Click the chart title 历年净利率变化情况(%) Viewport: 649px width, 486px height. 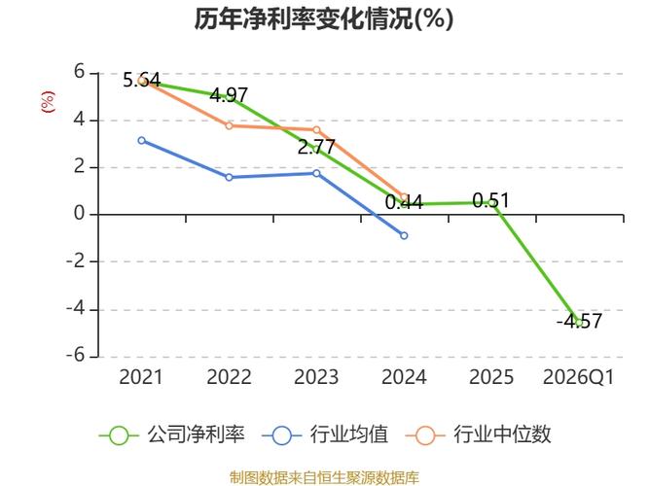(x=324, y=19)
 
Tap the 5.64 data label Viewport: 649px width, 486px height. (x=141, y=80)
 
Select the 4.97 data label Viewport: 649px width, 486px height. (x=229, y=95)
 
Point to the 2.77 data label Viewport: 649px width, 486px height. (x=316, y=148)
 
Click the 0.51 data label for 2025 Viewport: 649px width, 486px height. (x=490, y=201)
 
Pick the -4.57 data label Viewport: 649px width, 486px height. (x=579, y=322)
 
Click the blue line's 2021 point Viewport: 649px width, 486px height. (x=141, y=140)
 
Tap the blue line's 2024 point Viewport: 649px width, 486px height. (x=404, y=235)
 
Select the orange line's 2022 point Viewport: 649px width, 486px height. (x=229, y=125)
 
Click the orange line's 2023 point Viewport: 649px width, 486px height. (x=316, y=129)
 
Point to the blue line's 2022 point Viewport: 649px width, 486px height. (x=229, y=177)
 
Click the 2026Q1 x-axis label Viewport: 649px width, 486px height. (x=579, y=377)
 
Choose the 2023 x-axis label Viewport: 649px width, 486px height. (x=316, y=377)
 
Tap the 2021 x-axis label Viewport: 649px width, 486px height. (x=141, y=377)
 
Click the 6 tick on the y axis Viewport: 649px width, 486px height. (x=81, y=73)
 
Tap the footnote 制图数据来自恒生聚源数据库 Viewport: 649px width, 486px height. (x=324, y=477)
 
